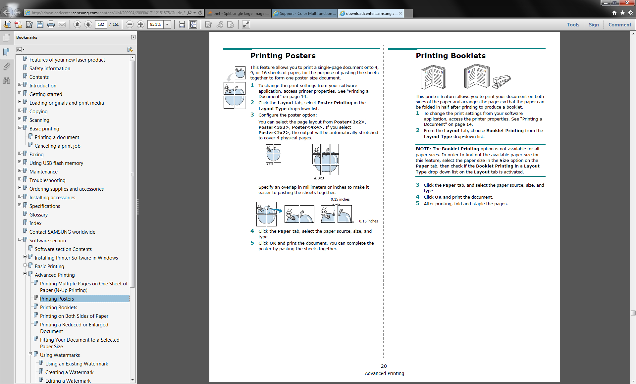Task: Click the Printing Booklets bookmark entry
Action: pos(58,307)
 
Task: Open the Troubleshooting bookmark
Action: pos(47,180)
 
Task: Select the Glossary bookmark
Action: pos(38,215)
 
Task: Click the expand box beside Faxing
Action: pos(20,153)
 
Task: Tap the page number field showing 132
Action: pos(101,24)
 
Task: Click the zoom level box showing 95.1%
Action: pos(155,24)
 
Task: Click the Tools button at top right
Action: pos(573,24)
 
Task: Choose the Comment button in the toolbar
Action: pos(619,24)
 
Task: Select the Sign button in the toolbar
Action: pos(594,24)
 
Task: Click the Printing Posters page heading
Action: pos(283,56)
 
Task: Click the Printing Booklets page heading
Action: pos(450,56)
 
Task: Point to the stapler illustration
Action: pos(501,81)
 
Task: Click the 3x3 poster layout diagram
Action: pos(325,159)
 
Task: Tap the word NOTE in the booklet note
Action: pos(423,149)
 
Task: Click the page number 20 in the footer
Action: pos(384,366)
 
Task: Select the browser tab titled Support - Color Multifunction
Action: pos(304,13)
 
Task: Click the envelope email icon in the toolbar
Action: pos(62,24)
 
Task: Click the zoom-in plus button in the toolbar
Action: pos(140,24)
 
